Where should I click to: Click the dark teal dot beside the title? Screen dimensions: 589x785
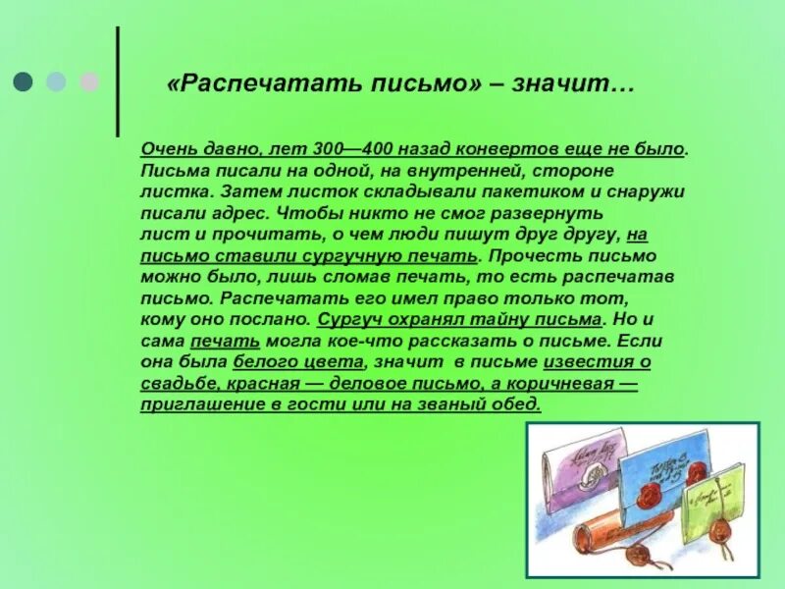22,80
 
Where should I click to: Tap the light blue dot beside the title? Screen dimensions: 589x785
56,80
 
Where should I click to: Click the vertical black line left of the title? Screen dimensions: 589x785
119,81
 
